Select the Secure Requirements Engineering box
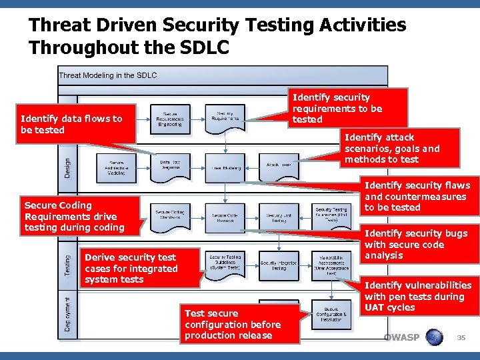(169, 119)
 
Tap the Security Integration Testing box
(279, 265)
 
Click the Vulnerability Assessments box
(331, 265)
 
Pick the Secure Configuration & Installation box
(331, 313)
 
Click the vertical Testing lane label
(67, 263)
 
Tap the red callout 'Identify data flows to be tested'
(72, 124)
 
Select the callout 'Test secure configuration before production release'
(233, 324)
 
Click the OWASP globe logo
(433, 337)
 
